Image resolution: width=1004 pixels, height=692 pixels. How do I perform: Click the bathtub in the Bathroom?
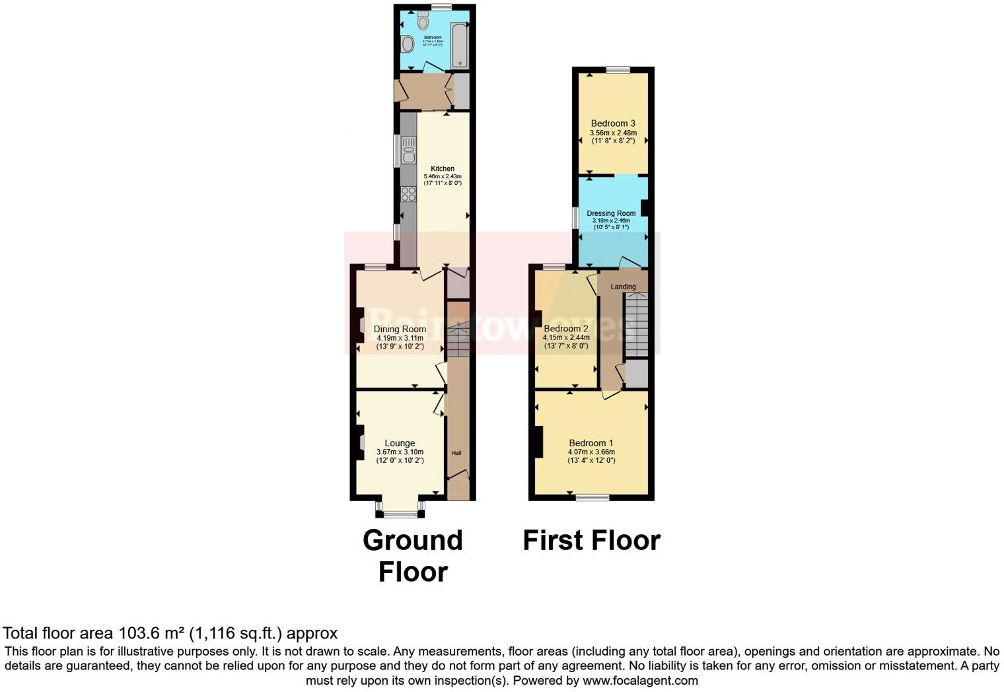point(460,44)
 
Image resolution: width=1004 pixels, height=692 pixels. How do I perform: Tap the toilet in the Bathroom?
point(423,21)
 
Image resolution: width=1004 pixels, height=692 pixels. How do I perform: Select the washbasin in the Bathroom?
point(408,44)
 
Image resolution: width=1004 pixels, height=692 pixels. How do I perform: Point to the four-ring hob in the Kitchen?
point(408,193)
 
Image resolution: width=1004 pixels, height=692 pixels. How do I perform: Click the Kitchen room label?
point(443,168)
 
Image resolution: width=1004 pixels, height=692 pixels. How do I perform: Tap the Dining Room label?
point(400,329)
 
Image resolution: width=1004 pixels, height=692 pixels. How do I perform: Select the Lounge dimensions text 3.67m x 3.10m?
point(400,452)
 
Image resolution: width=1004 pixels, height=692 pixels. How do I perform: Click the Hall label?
point(456,453)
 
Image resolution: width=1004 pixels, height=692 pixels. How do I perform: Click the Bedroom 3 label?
point(613,123)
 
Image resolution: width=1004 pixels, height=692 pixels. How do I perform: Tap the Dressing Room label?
point(611,213)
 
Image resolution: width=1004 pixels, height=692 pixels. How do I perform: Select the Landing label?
point(623,287)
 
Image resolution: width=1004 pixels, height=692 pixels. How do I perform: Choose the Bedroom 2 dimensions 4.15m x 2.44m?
point(565,337)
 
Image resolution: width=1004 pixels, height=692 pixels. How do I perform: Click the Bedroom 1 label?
point(591,443)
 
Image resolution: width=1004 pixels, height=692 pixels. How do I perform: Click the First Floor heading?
point(591,540)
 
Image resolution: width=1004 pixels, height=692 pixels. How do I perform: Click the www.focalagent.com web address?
point(639,680)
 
